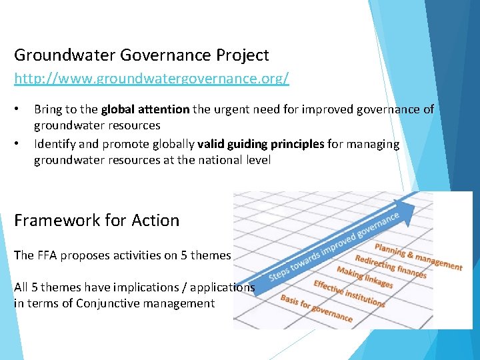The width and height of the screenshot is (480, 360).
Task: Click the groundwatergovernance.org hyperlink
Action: point(151,79)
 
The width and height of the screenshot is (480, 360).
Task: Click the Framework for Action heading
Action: point(97,221)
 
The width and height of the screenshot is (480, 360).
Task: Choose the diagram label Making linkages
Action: point(364,277)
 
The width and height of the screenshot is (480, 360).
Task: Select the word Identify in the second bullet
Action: point(55,144)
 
